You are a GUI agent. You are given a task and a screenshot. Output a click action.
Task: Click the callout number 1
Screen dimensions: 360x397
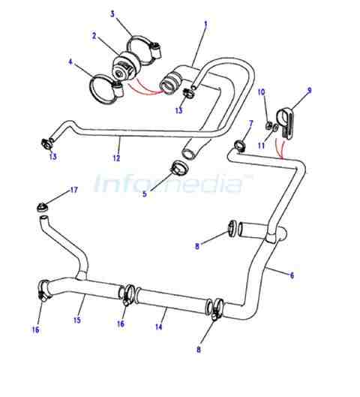tap(205, 25)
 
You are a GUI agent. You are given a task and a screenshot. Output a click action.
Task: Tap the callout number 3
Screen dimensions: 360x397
tap(112, 14)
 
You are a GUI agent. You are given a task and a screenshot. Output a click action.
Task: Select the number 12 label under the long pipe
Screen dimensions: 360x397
tap(116, 158)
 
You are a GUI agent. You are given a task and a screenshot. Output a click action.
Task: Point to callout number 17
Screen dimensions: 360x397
tap(73, 190)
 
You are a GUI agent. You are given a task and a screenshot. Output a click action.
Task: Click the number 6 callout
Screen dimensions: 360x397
tap(292, 275)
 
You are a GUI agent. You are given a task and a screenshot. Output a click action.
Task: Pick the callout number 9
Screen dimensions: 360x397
tap(309, 90)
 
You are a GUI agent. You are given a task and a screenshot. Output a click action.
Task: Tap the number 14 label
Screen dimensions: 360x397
tap(158, 327)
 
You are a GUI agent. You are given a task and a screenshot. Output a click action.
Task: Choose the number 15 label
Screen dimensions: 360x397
tap(77, 320)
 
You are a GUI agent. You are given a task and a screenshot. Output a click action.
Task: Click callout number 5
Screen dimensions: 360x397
tap(145, 194)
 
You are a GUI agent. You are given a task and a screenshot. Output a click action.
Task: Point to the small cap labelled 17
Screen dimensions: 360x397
tap(41, 208)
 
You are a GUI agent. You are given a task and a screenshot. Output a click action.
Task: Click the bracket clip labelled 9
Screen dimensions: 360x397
tap(286, 123)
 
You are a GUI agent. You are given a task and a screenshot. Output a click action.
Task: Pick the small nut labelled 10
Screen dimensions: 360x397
tap(268, 125)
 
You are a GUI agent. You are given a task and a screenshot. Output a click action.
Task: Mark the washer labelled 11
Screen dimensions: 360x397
tap(275, 128)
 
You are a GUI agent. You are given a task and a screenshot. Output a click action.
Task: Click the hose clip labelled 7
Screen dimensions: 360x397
tap(239, 146)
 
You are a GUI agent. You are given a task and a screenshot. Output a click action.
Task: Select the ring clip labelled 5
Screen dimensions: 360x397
tap(180, 167)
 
